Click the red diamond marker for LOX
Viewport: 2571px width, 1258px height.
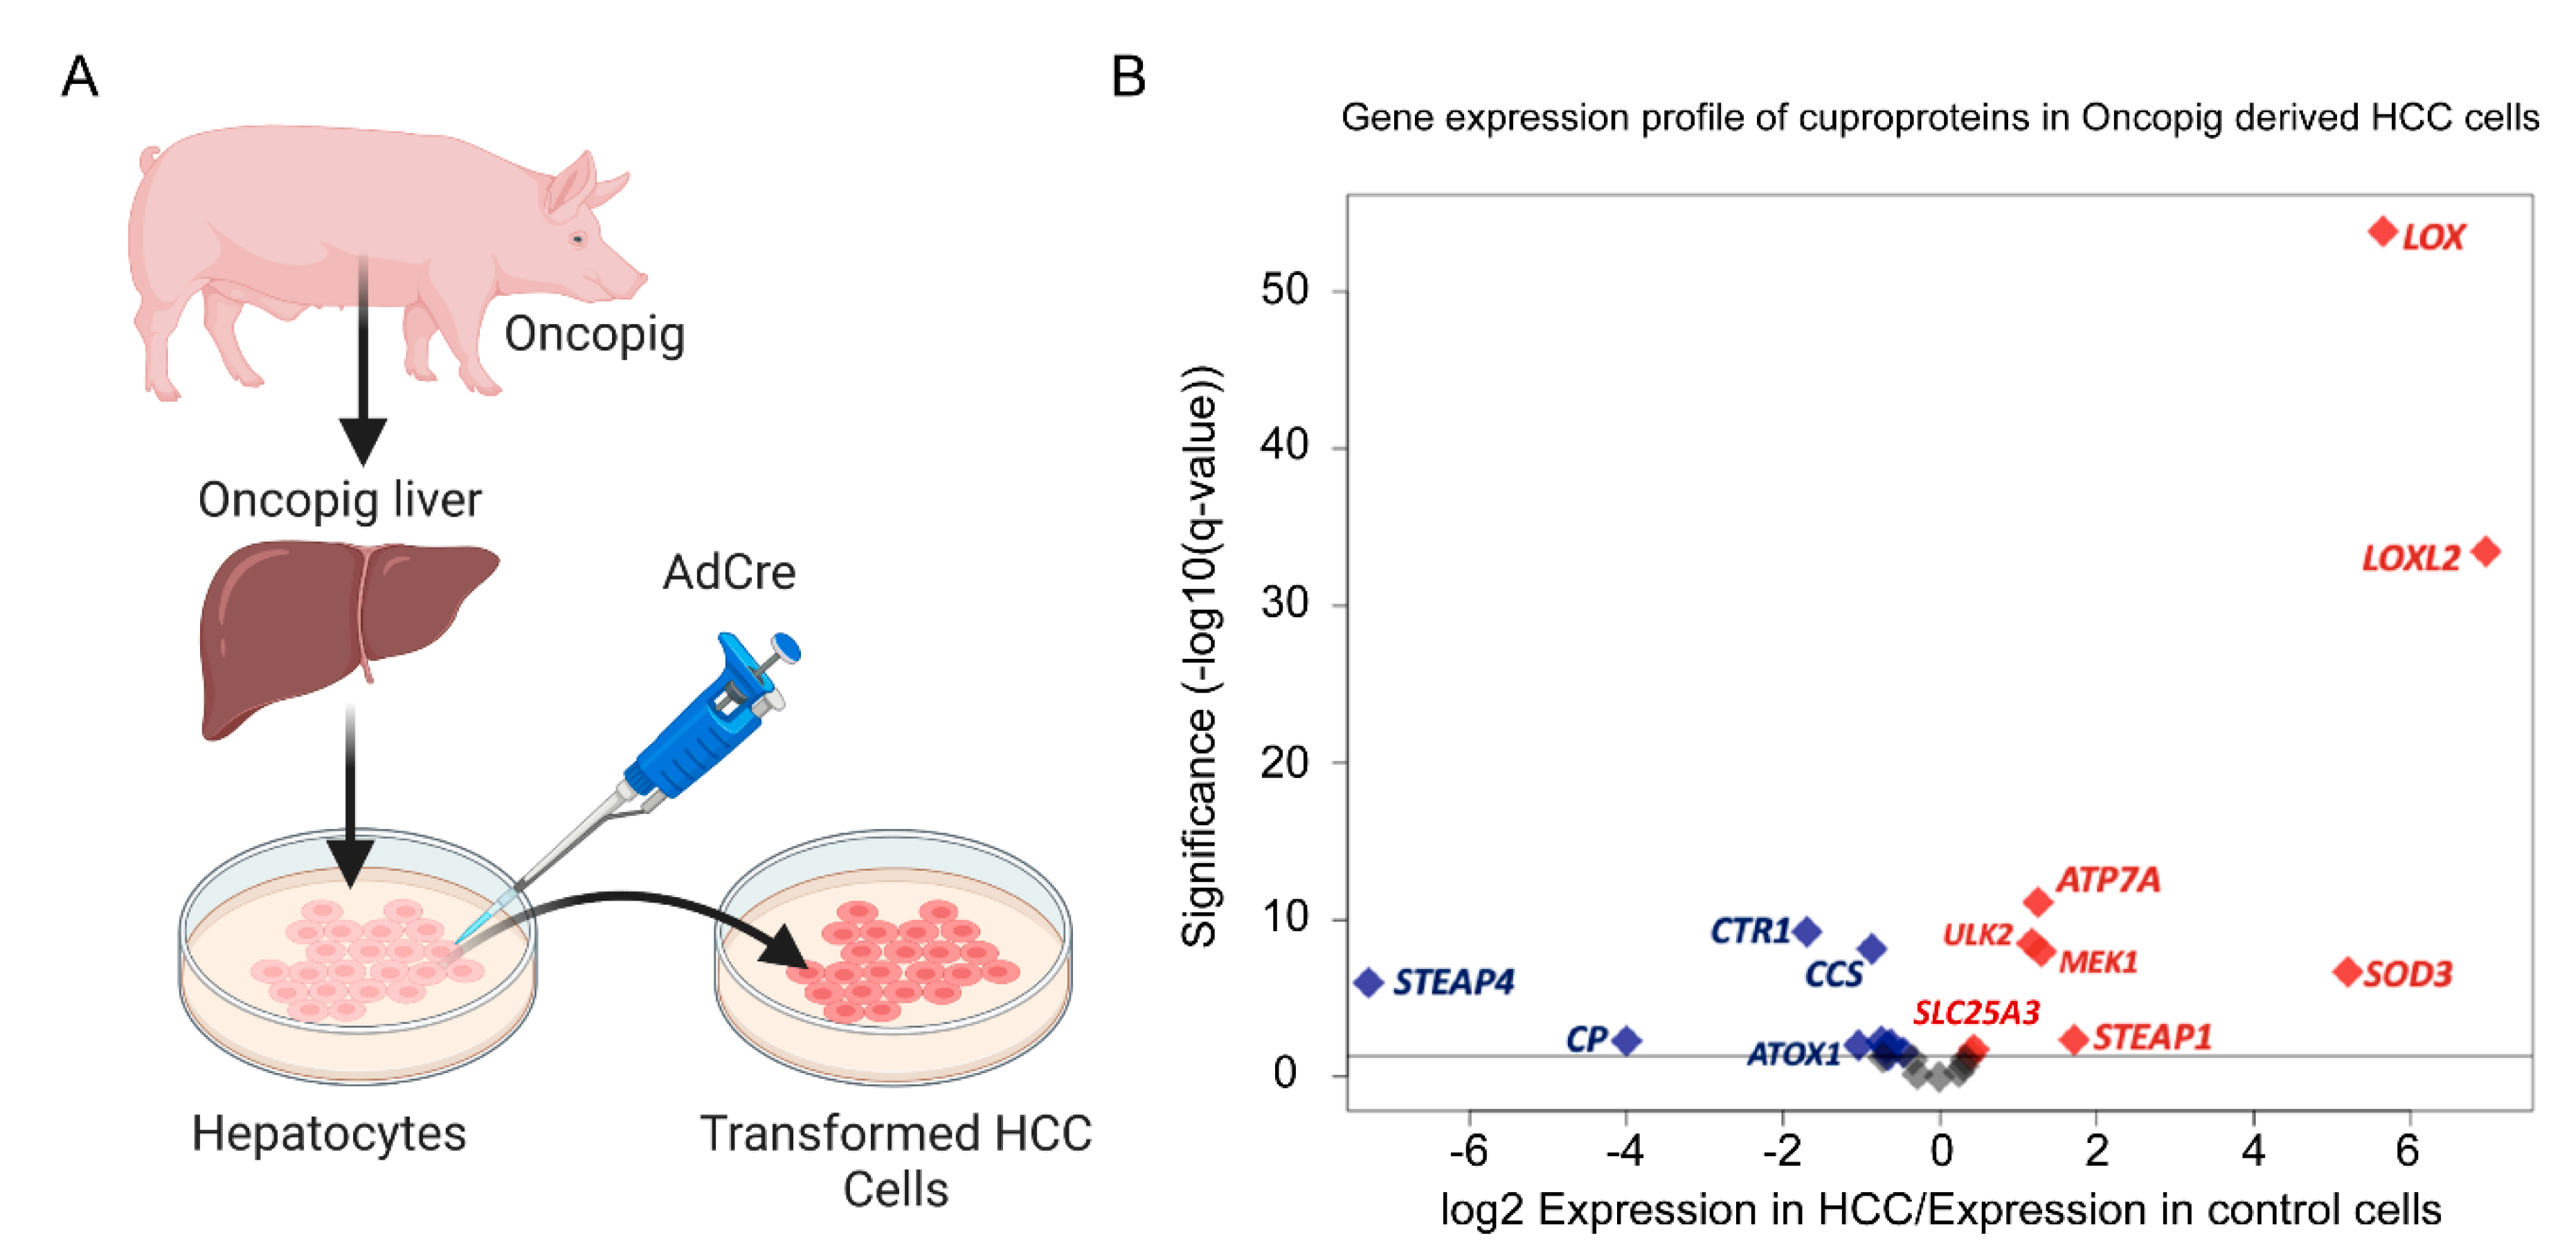pyautogui.click(x=2383, y=231)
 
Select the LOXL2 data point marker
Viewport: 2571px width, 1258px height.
pyautogui.click(x=2485, y=551)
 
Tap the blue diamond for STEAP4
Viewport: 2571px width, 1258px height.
pyautogui.click(x=1369, y=982)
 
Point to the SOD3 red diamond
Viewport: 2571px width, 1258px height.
pyautogui.click(x=2347, y=971)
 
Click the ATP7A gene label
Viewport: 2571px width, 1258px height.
pyautogui.click(x=2108, y=880)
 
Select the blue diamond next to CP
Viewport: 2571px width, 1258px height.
pyautogui.click(x=1627, y=1040)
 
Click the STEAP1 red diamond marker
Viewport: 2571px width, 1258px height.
pyautogui.click(x=2074, y=1039)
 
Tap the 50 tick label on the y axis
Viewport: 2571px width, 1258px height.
pyautogui.click(x=1285, y=290)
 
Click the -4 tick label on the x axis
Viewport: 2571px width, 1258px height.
pyautogui.click(x=1625, y=1151)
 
